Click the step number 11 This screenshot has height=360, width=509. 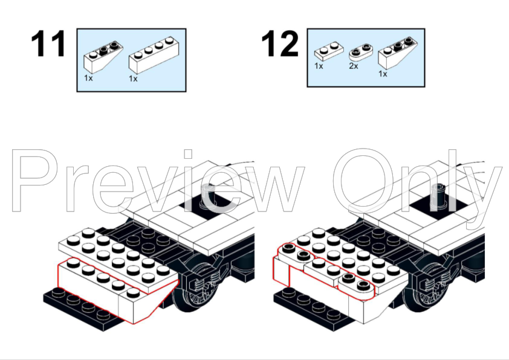[48, 45]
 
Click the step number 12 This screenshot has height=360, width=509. [280, 45]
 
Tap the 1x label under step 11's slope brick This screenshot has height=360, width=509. [89, 79]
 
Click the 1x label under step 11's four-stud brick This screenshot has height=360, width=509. [133, 79]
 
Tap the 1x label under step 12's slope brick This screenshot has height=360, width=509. [383, 74]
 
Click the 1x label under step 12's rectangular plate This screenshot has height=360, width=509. [319, 66]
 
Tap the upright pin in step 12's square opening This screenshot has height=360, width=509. [443, 195]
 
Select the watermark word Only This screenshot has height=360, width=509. [417, 181]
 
